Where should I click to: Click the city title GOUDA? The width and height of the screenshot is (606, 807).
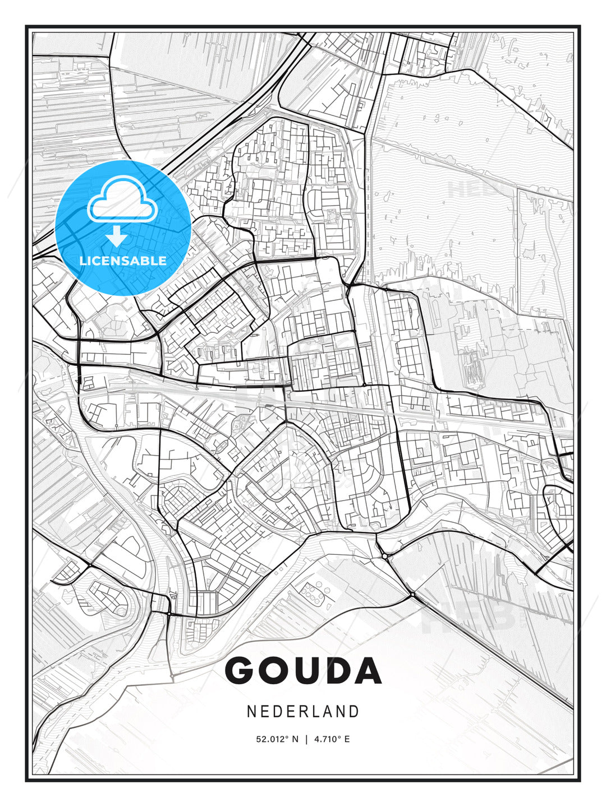coord(303,670)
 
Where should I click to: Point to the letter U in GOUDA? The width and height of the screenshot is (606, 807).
coord(307,670)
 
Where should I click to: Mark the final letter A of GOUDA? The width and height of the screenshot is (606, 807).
coord(368,670)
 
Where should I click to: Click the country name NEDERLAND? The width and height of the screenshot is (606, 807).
coord(303,711)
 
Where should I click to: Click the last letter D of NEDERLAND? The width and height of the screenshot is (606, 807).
coord(353,711)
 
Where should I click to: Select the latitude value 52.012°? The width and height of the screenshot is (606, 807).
coord(272,739)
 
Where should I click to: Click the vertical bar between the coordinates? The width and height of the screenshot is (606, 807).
coord(306,739)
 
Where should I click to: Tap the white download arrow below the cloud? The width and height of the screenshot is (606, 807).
coord(117,236)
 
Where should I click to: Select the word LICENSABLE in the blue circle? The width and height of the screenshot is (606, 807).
coord(123,261)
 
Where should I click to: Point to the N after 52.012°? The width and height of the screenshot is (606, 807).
coord(295,739)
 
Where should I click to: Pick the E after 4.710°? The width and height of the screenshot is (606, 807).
coord(347,739)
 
